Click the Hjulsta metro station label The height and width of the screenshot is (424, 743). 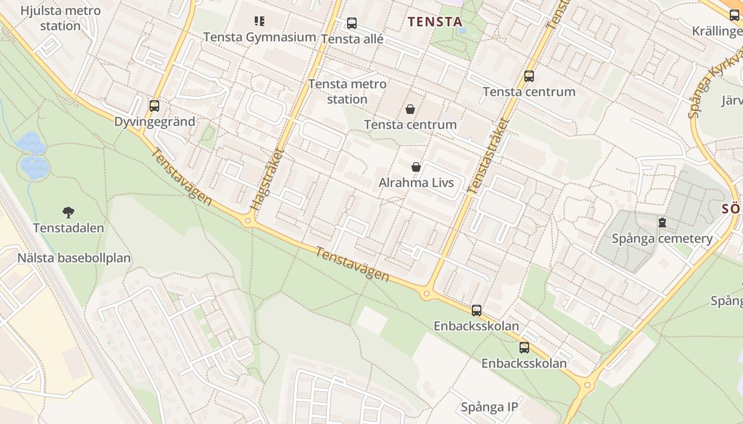60,18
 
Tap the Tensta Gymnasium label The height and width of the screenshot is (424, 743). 260,37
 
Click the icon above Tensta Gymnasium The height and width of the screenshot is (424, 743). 259,21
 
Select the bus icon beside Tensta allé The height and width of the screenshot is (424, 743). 351,23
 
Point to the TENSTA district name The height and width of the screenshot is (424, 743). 435,22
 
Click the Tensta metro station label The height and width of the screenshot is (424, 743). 347,92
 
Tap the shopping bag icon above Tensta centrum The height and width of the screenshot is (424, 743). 410,109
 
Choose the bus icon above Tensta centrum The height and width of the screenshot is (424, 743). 529,76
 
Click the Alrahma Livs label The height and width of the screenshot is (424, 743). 416,183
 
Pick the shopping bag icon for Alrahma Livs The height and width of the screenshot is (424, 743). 416,167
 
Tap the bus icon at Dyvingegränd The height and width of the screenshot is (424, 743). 154,106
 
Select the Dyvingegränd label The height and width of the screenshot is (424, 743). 155,122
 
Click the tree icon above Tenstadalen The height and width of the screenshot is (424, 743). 68,213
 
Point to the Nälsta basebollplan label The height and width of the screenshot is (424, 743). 74,259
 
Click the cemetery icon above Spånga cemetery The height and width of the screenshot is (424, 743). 662,223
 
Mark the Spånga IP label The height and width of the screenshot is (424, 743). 489,407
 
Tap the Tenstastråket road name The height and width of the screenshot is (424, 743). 489,155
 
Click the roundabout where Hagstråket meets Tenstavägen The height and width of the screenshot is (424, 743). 247,220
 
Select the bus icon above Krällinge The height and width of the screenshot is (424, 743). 735,15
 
